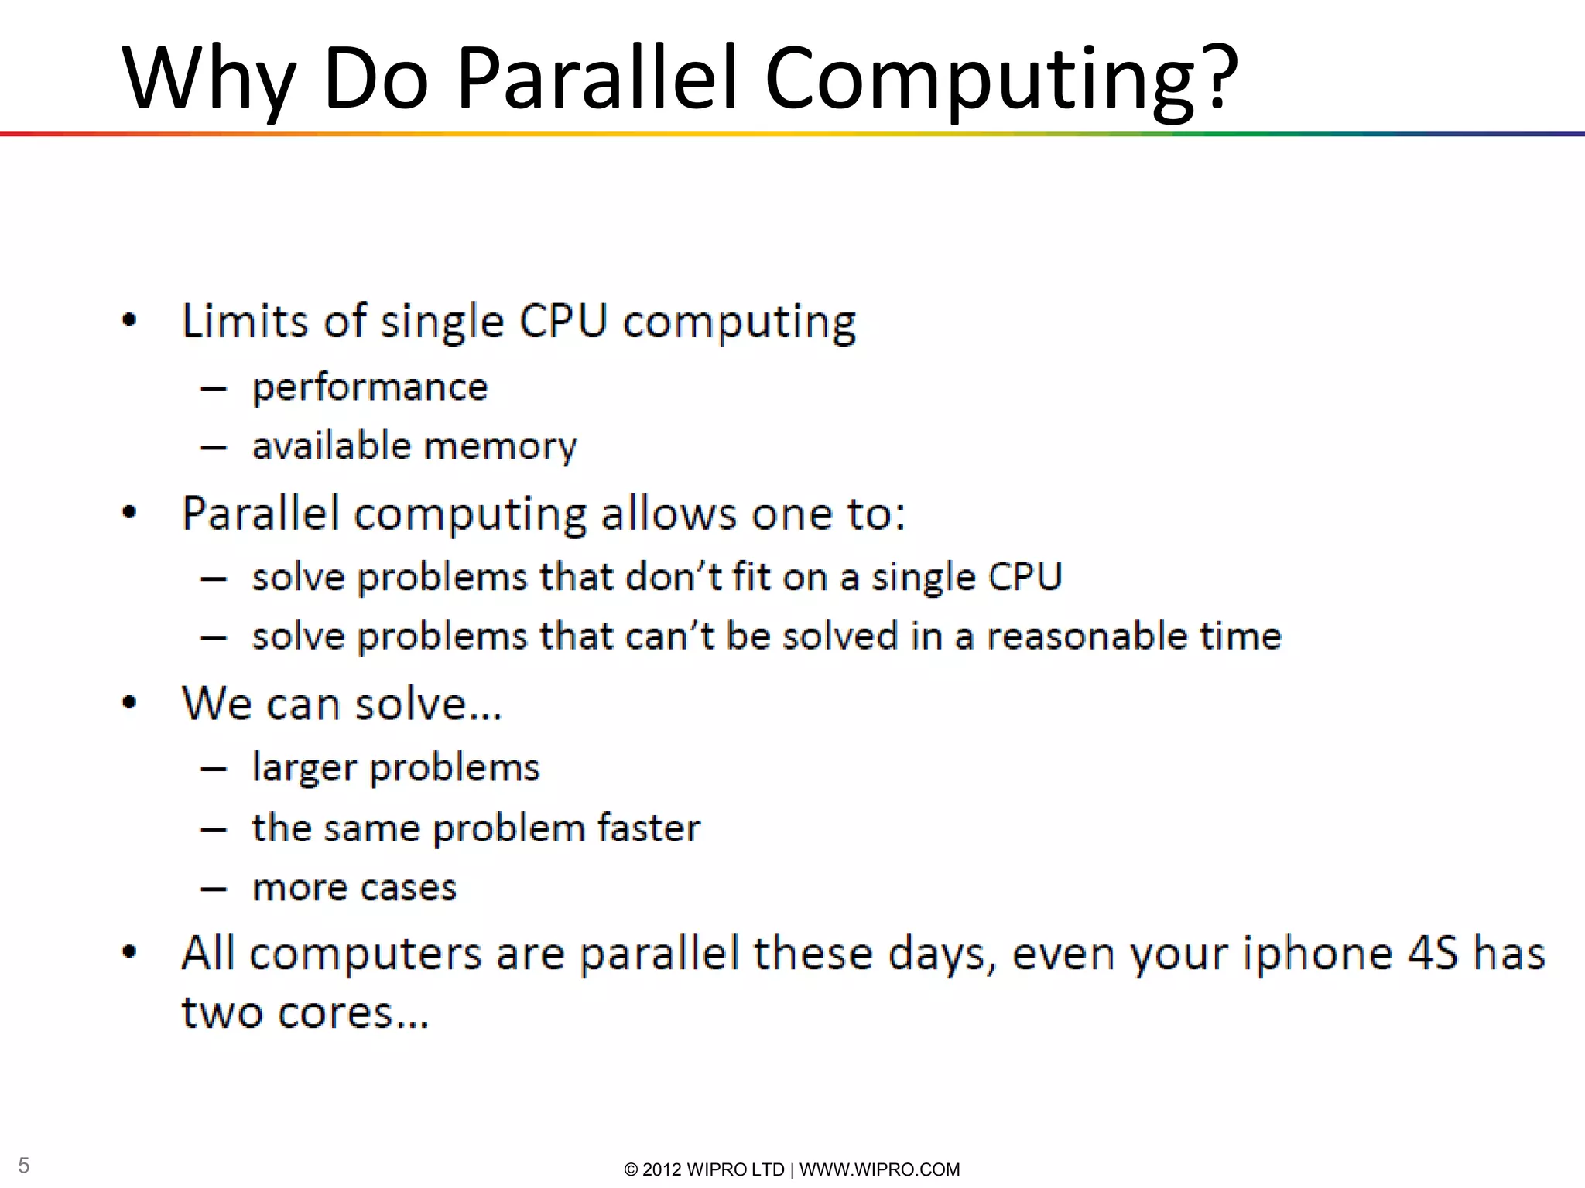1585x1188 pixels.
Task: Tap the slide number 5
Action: (24, 1165)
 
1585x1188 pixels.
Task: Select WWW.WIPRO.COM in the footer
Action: (879, 1169)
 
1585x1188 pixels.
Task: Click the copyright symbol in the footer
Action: (631, 1169)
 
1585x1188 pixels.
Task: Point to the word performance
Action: (370, 387)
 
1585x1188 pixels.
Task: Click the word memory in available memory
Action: (500, 446)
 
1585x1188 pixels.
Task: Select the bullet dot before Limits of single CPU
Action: (129, 320)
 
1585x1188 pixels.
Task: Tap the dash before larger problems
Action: (213, 769)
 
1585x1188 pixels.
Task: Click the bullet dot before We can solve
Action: (129, 703)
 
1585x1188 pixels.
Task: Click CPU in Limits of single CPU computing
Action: (563, 320)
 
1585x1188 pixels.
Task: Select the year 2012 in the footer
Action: (662, 1169)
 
